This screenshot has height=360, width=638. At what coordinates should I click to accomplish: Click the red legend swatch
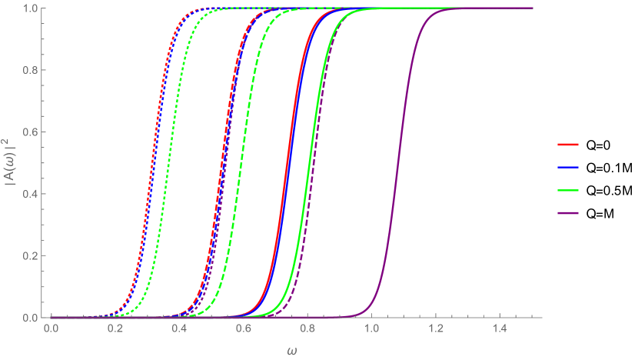(568, 144)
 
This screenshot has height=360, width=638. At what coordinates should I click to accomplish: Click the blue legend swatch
(568, 167)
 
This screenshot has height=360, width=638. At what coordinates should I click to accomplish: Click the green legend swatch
(568, 190)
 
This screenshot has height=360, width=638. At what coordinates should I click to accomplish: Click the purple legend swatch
(568, 213)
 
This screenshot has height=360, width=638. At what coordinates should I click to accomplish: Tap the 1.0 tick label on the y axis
(32, 8)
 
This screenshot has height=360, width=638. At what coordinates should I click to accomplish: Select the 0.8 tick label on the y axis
(32, 70)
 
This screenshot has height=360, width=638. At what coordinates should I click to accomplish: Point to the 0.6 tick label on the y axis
(32, 132)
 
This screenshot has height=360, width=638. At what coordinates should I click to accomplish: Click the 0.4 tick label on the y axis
(32, 194)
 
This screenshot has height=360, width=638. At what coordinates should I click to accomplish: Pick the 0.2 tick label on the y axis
(32, 255)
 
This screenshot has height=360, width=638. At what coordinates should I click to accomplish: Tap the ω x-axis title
(291, 351)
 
